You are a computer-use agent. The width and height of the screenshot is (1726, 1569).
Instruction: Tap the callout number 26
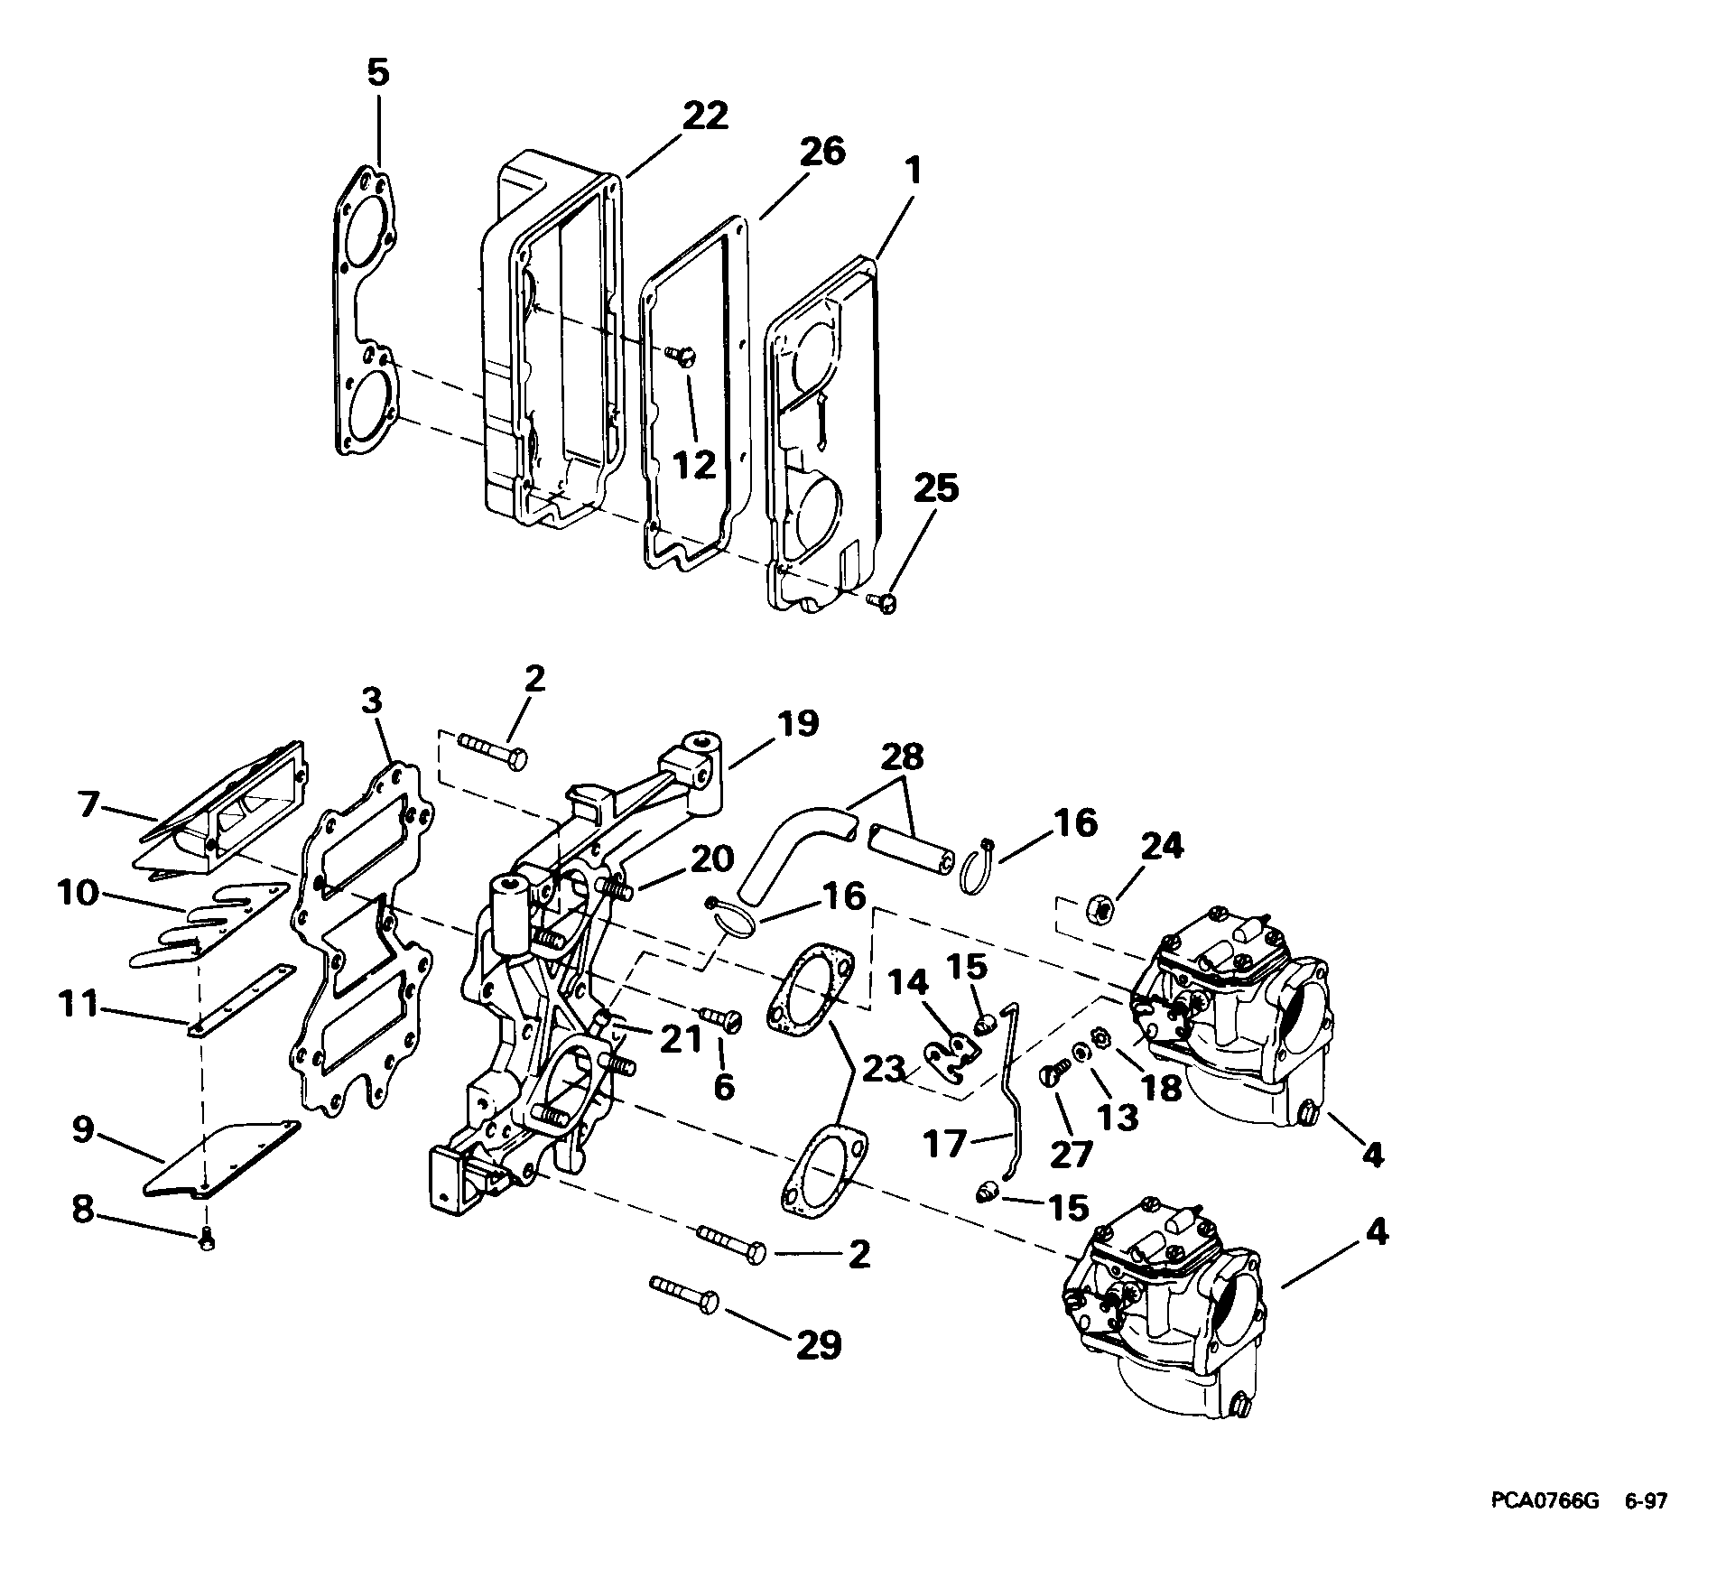[821, 152]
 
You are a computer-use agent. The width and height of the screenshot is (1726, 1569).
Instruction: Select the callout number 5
[377, 73]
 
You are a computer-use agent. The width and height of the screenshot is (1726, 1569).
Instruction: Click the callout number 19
[795, 724]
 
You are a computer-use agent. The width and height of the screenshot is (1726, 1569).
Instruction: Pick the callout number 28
[903, 757]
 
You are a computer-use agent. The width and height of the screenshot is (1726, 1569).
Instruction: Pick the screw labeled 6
[719, 1018]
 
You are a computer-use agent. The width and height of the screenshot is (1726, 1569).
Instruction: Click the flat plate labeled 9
[222, 1157]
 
